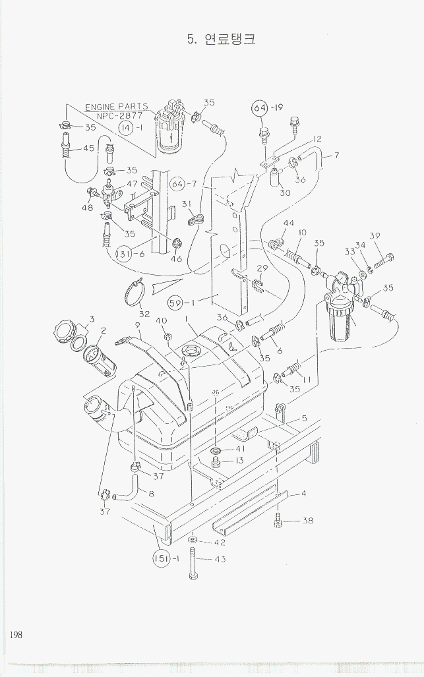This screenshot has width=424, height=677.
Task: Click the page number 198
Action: [x=16, y=634]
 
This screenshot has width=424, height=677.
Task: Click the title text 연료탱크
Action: [x=230, y=39]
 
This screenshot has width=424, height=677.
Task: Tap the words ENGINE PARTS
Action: [x=116, y=107]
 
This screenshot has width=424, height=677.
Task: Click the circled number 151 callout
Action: [x=163, y=558]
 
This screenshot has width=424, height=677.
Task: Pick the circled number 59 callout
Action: [x=175, y=304]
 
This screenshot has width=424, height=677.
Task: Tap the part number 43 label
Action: [x=220, y=559]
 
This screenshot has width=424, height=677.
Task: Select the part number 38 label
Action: [x=307, y=520]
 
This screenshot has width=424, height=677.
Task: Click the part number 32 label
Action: [x=144, y=314]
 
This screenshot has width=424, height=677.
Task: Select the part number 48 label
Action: [x=87, y=207]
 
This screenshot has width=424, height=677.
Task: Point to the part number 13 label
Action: [x=239, y=459]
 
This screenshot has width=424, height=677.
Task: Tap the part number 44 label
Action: [x=288, y=223]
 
